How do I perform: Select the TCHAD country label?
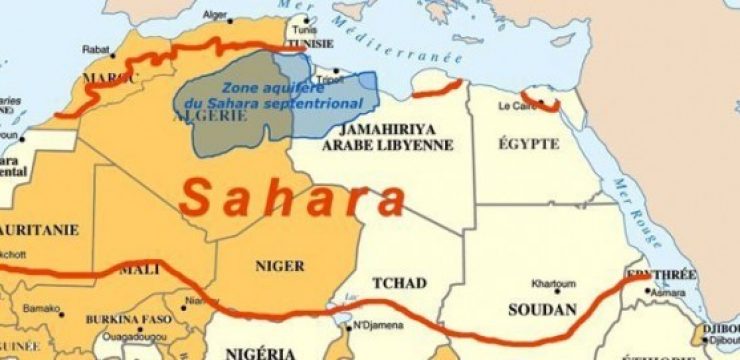[x=400, y=283]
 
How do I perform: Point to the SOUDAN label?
[x=543, y=309]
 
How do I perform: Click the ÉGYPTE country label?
[x=528, y=144]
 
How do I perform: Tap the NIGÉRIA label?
[x=260, y=352]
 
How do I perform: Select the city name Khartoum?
[x=552, y=283]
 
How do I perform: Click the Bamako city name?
[x=41, y=309]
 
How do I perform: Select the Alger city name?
[x=214, y=16]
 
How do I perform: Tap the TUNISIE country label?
[x=309, y=45]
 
